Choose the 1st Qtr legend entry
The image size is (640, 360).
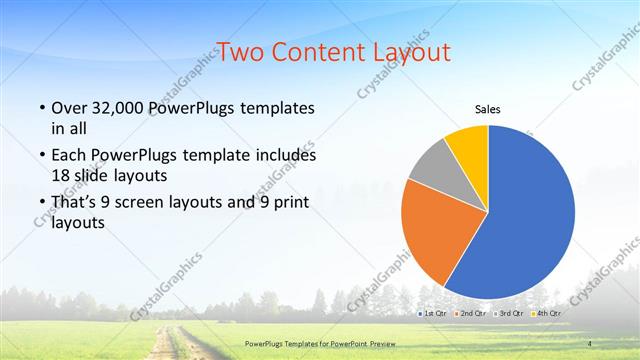tap(434, 314)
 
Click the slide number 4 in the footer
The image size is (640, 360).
tap(589, 344)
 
